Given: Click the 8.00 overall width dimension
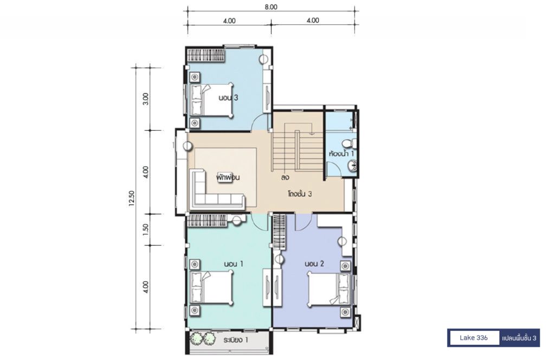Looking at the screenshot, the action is tap(271, 7).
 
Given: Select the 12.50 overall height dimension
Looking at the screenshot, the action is tap(132, 198).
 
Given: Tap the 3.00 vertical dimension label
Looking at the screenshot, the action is tap(145, 99).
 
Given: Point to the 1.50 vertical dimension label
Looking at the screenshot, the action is tap(145, 229).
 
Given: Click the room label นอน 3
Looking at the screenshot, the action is tap(228, 98).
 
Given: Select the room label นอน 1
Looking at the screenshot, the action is tap(233, 263).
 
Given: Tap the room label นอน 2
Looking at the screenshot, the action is tap(314, 263).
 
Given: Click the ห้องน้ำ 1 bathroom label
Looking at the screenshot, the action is tap(341, 153).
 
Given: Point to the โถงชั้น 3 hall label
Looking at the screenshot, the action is tap(300, 194).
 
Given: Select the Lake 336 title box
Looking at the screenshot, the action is tap(474, 338).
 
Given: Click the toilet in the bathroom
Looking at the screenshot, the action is tap(350, 143).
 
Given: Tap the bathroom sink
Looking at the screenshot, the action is tap(352, 166).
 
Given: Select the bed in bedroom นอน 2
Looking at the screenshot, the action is tap(329, 289).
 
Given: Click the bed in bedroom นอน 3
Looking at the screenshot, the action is tap(212, 100).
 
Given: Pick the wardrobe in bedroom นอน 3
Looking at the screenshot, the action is tap(206, 56).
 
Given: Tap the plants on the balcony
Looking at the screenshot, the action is tap(203, 338).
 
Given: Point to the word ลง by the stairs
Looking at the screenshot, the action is tap(285, 177).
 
